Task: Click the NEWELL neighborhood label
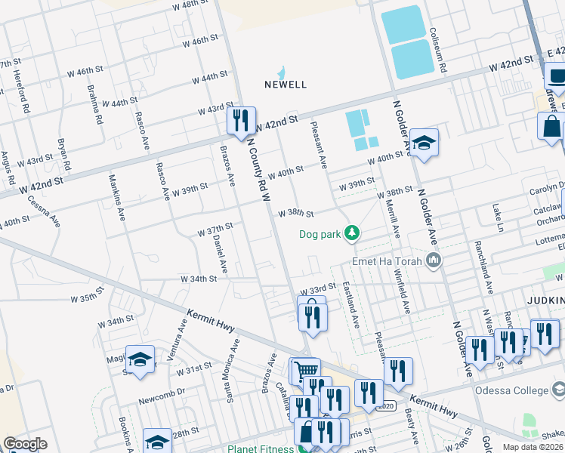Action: (x=286, y=85)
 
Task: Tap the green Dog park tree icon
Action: (x=351, y=234)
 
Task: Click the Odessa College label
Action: (x=511, y=390)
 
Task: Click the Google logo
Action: (x=25, y=444)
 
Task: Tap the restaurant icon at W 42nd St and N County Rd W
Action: (x=241, y=121)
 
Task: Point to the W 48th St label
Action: (x=190, y=5)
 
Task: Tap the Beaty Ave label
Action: (x=412, y=424)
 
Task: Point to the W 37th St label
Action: (x=215, y=226)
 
